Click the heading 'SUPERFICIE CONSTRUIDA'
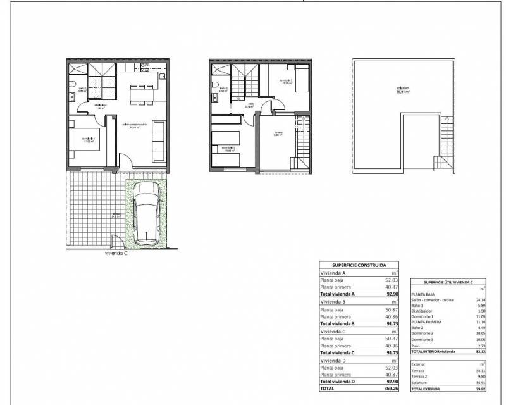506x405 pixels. (359, 266)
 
